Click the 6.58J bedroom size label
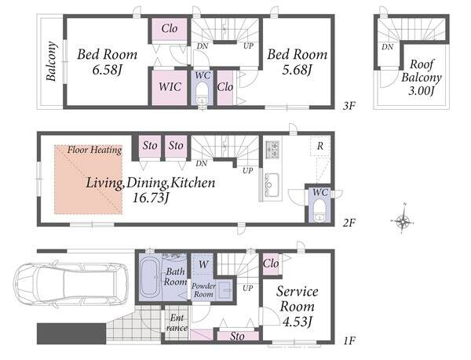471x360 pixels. point(107,71)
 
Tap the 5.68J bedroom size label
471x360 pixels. point(297,71)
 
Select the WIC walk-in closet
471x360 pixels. point(170,87)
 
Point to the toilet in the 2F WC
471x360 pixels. point(319,210)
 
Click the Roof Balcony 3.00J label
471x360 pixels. point(421,77)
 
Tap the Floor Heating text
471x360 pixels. point(94,150)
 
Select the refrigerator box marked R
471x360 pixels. point(320,146)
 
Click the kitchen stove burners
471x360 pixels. point(272,149)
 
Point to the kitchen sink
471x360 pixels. point(272,185)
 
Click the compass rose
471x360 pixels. point(403,221)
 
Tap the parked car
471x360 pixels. point(71,285)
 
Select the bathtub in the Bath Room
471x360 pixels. point(149,278)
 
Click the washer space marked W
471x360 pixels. point(203,264)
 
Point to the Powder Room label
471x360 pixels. point(203,290)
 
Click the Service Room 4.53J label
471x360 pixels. point(298,307)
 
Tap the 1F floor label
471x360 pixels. point(349,341)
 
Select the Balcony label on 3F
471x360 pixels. point(51,61)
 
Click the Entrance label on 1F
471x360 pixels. point(177,322)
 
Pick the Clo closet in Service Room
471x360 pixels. point(271,264)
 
